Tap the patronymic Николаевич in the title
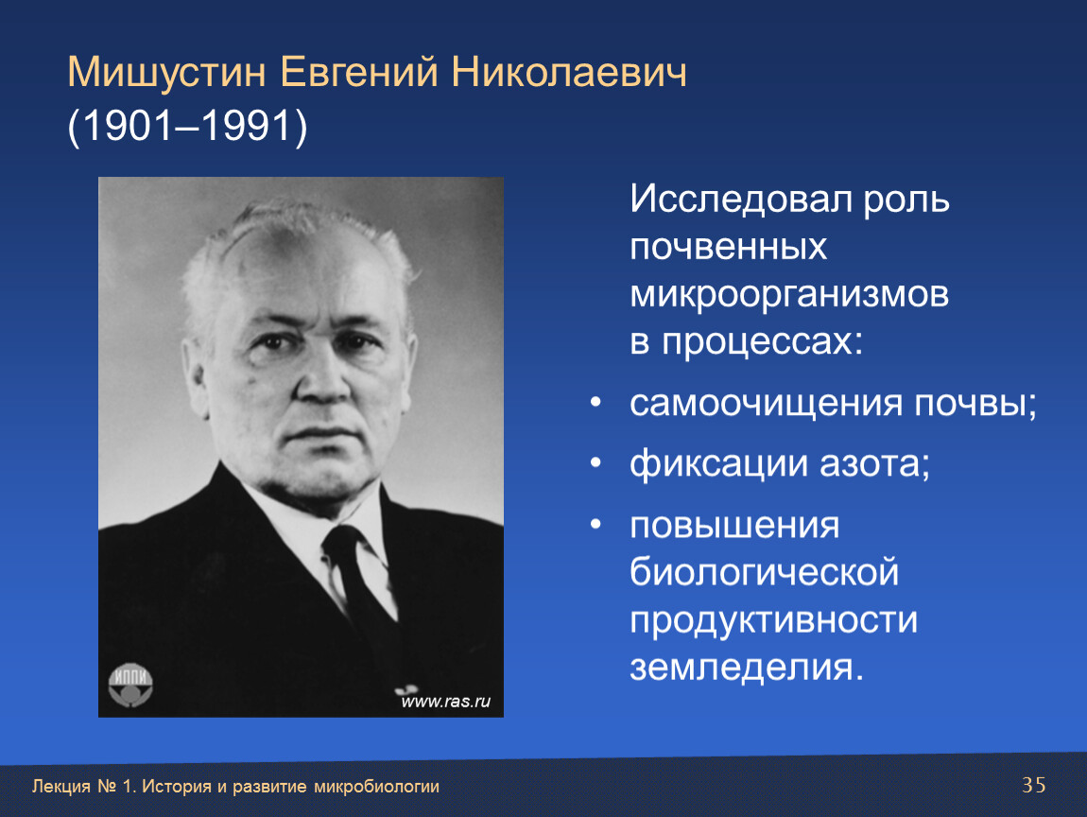pyautogui.click(x=569, y=72)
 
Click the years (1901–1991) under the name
pyautogui.click(x=187, y=126)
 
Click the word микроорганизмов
pyautogui.click(x=789, y=295)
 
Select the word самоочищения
pyautogui.click(x=766, y=405)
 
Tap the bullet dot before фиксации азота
pyautogui.click(x=595, y=463)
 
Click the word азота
pyautogui.click(x=875, y=464)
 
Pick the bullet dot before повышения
pyautogui.click(x=595, y=524)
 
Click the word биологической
pyautogui.click(x=764, y=573)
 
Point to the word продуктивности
pyautogui.click(x=773, y=620)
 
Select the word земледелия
pyautogui.click(x=747, y=668)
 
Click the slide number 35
pyautogui.click(x=1034, y=785)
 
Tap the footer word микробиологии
pyautogui.click(x=376, y=787)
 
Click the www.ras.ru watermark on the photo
pyautogui.click(x=446, y=702)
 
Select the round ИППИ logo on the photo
pyautogui.click(x=130, y=686)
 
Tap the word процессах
pyautogui.click(x=762, y=342)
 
